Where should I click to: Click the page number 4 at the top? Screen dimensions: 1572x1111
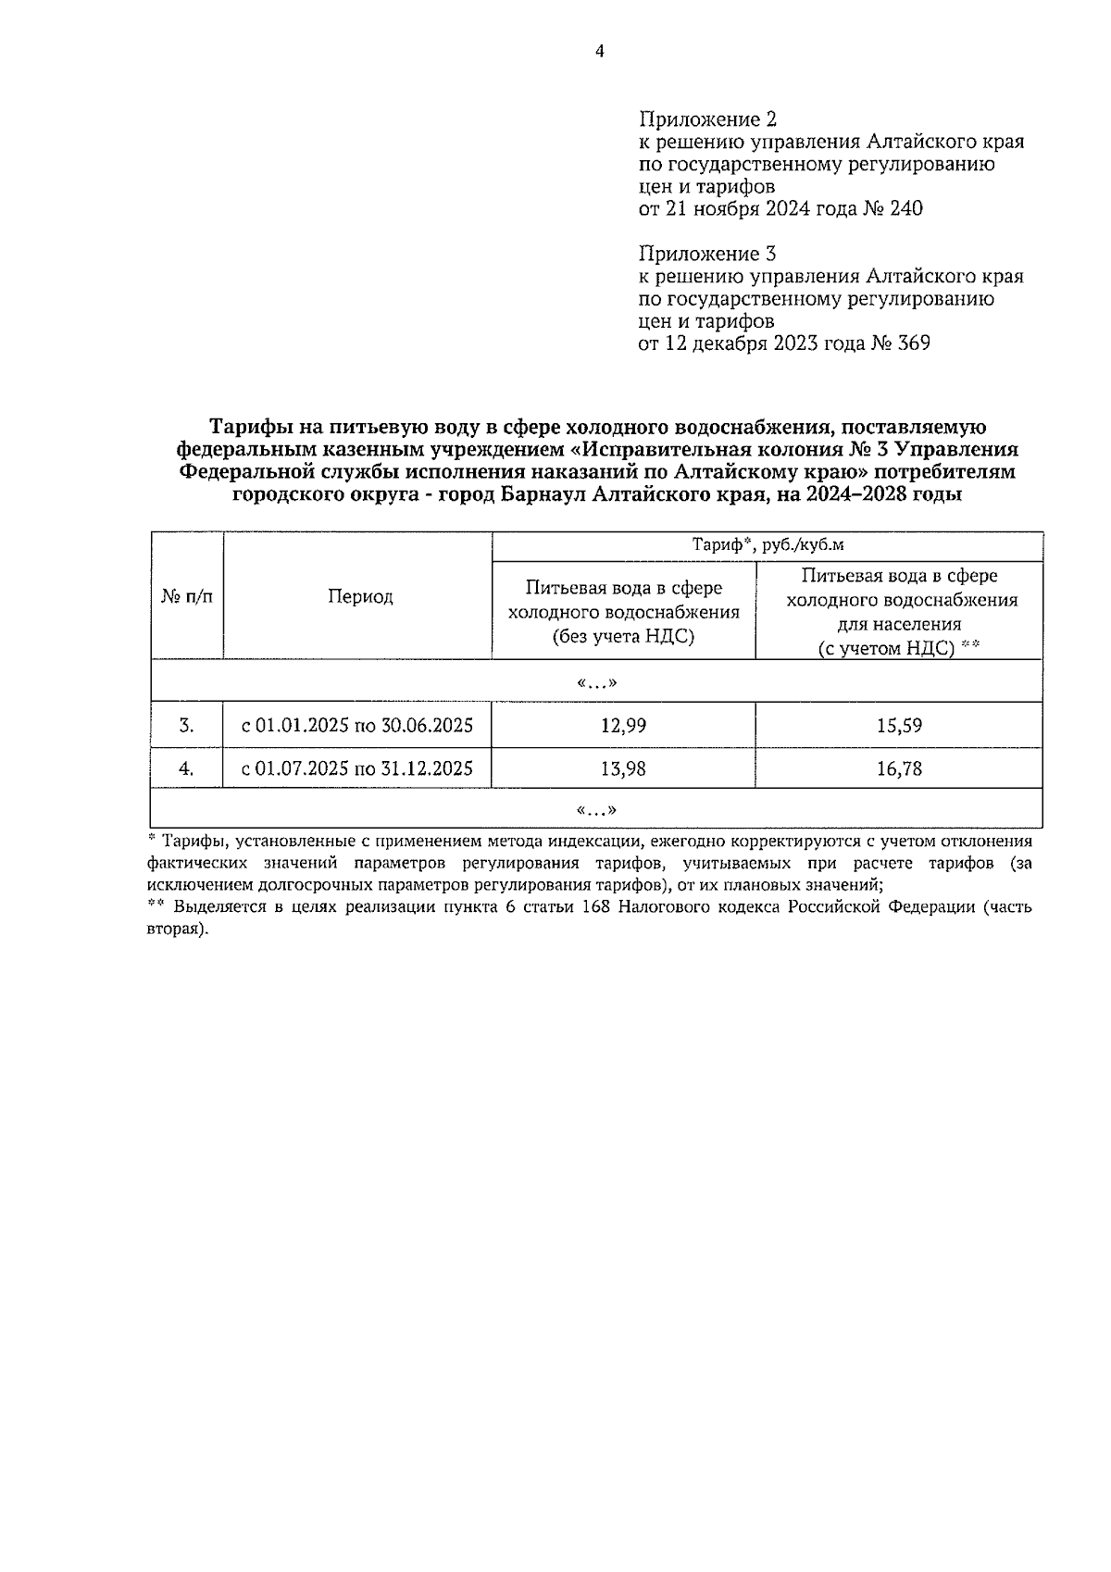coord(599,52)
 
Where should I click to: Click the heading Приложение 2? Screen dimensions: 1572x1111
coord(707,119)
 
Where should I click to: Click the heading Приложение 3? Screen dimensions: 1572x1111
coord(707,254)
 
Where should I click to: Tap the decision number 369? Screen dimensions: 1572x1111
coord(912,343)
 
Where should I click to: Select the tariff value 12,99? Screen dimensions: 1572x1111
coord(623,726)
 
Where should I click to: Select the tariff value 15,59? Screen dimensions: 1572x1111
coord(899,726)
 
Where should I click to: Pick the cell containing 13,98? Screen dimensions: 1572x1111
coord(623,768)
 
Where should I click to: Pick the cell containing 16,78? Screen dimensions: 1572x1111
coord(899,768)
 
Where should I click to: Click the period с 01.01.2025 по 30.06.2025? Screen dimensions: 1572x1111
coord(357,726)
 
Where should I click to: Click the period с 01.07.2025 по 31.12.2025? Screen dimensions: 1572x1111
coord(357,768)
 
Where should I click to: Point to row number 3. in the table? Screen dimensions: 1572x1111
coord(187,726)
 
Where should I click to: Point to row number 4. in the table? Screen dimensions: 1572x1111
coord(187,768)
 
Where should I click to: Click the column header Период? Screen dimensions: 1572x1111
coord(359,597)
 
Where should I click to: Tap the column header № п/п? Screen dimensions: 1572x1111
coord(187,597)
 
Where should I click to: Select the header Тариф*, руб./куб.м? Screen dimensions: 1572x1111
coord(768,545)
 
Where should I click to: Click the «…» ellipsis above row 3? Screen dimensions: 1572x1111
coord(596,683)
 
